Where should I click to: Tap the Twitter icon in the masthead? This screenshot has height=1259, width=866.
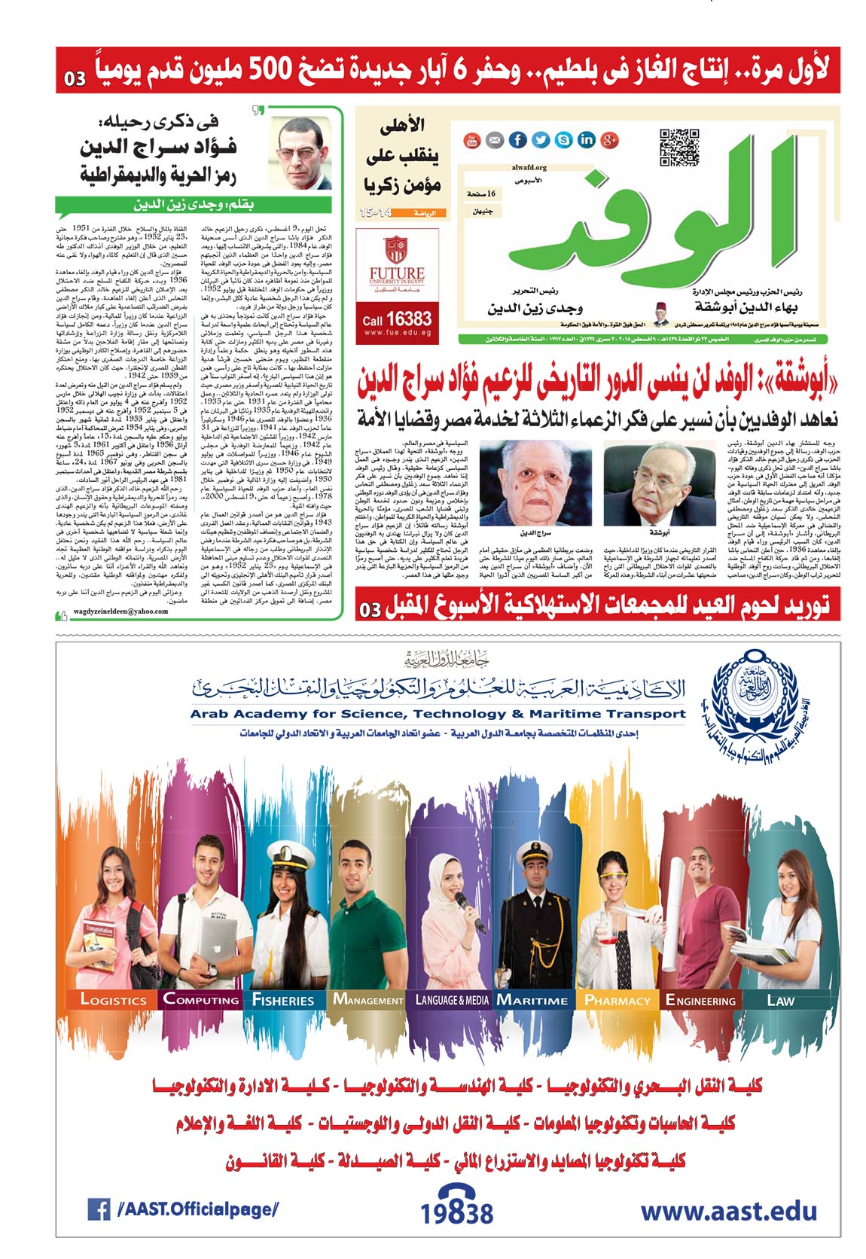pyautogui.click(x=541, y=140)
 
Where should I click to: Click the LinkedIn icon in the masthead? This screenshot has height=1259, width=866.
pyautogui.click(x=586, y=140)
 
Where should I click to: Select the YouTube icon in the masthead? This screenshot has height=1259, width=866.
pyautogui.click(x=471, y=140)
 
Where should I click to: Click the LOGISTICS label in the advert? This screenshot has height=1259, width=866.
pyautogui.click(x=113, y=1000)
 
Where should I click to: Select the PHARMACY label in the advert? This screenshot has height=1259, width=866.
pyautogui.click(x=617, y=1000)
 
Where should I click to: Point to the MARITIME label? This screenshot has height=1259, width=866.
pyautogui.click(x=532, y=1000)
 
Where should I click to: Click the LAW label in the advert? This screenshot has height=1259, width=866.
pyautogui.click(x=780, y=1000)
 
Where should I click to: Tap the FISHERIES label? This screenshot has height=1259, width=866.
pyautogui.click(x=283, y=1000)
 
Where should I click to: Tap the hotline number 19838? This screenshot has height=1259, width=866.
pyautogui.click(x=456, y=1212)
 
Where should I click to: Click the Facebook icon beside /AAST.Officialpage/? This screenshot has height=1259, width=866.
pyautogui.click(x=99, y=1210)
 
